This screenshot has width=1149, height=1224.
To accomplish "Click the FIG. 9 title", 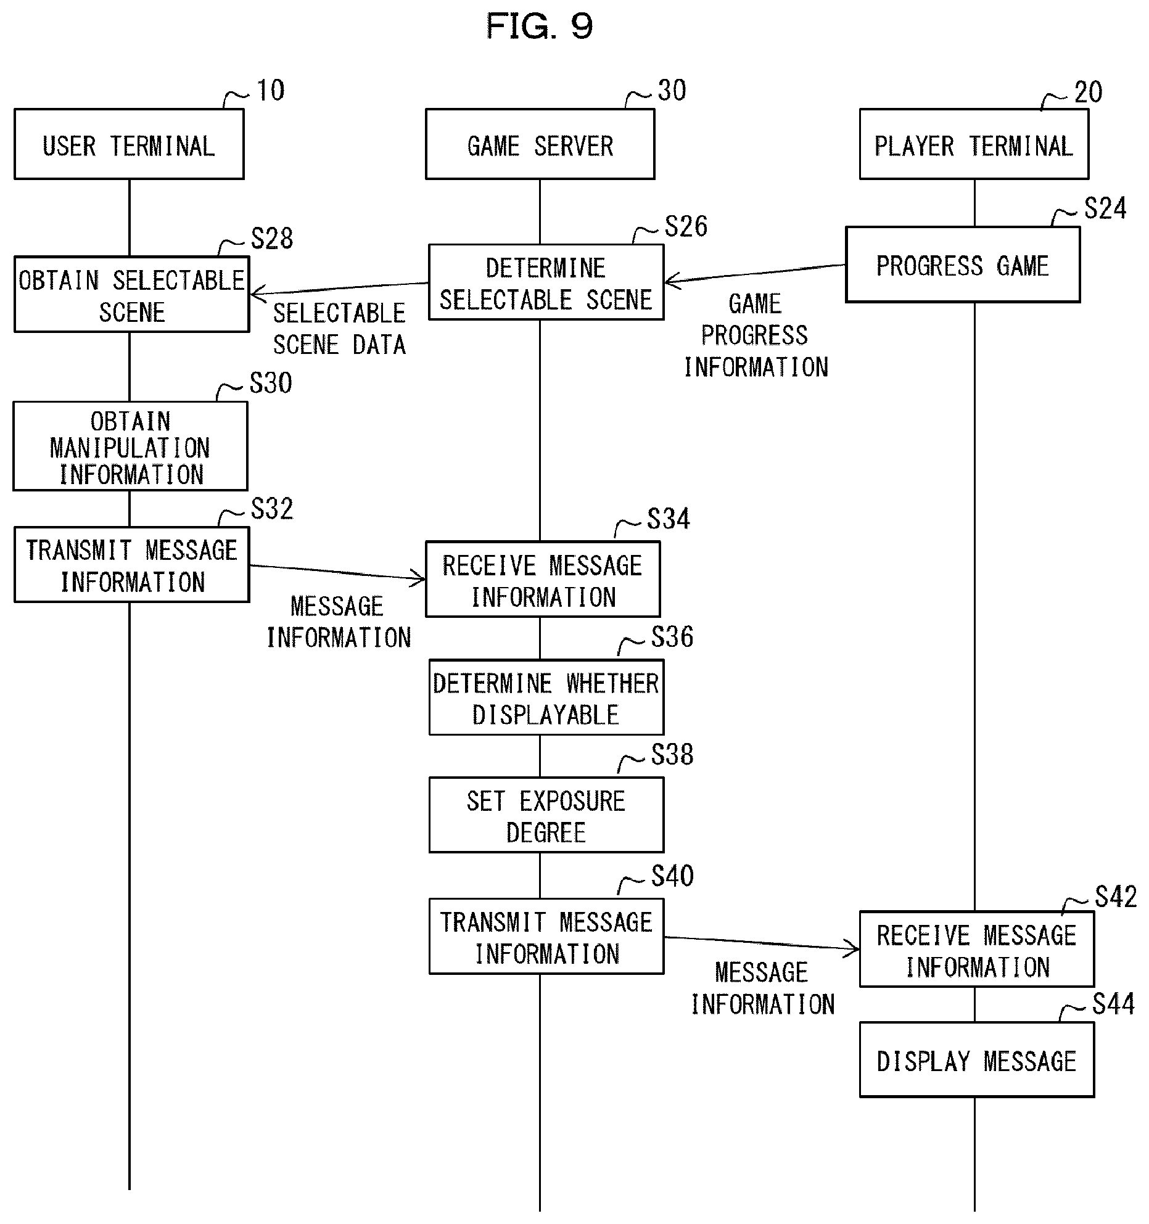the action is [x=539, y=27].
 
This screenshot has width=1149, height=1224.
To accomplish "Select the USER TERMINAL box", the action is [x=129, y=144].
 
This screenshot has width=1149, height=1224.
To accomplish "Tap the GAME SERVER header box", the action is [x=540, y=144].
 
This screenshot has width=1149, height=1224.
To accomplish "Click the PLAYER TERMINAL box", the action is [x=974, y=144].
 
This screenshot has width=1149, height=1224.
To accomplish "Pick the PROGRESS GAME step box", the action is [x=963, y=265].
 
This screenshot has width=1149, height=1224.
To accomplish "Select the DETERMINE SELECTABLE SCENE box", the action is [x=546, y=282].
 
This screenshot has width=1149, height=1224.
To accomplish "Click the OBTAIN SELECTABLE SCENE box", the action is [x=131, y=294].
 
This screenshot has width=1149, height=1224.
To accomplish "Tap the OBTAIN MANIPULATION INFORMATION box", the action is [x=130, y=446].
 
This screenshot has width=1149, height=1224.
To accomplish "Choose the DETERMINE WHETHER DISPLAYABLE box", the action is [x=546, y=697].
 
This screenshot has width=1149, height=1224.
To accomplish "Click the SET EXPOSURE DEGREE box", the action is [x=546, y=815].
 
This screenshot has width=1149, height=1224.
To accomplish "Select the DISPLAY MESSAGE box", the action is [x=976, y=1060].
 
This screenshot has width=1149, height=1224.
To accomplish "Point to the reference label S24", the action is [x=1105, y=208].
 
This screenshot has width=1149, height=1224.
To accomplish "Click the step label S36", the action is [x=672, y=636].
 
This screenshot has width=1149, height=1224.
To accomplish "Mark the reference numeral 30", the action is [x=672, y=91].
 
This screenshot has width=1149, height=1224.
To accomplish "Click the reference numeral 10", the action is [x=270, y=91].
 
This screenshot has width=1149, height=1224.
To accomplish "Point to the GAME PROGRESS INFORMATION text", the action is [x=756, y=335].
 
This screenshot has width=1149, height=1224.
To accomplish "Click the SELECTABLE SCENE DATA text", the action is [x=339, y=329].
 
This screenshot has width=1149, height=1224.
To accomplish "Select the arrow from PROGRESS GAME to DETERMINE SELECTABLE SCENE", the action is [x=755, y=274].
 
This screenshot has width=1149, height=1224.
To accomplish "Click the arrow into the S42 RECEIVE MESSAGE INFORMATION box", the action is [x=762, y=943].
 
